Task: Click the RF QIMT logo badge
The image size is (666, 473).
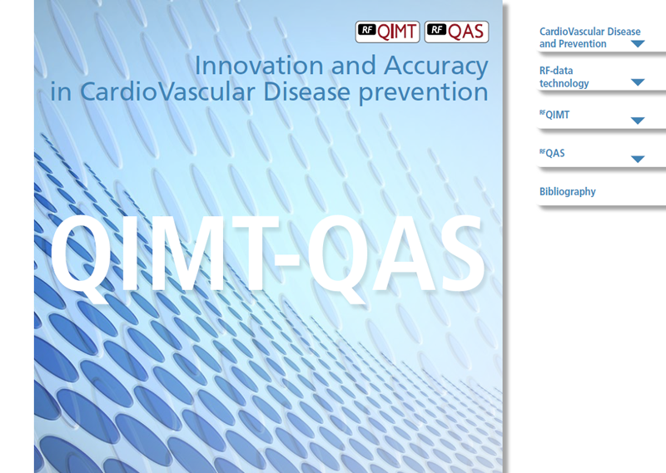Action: (x=387, y=32)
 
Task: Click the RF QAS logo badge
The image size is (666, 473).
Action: (x=456, y=32)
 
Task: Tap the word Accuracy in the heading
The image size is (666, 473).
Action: (x=436, y=67)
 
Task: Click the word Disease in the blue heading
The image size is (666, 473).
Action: (x=306, y=91)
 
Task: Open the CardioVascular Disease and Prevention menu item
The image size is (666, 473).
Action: (x=589, y=37)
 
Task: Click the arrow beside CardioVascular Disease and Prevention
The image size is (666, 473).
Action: (x=638, y=44)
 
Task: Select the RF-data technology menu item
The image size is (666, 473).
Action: (x=564, y=76)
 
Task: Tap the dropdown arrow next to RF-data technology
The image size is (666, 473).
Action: (x=638, y=82)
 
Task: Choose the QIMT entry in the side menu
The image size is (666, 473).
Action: (x=554, y=115)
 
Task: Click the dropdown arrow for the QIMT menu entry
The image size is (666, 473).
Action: (x=638, y=121)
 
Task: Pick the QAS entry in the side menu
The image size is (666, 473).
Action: (x=552, y=153)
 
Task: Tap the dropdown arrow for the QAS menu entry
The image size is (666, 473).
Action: (x=638, y=160)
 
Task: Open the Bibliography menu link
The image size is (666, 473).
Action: (x=568, y=192)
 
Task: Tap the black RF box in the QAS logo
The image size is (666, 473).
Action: (x=436, y=29)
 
